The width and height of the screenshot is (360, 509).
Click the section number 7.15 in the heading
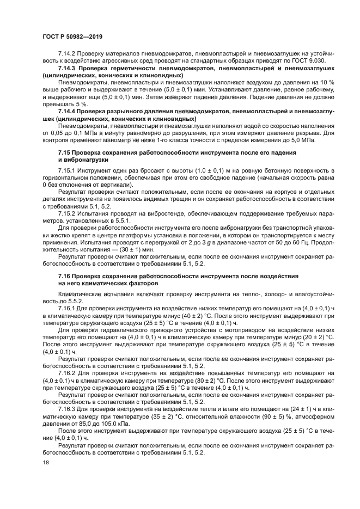(x=65, y=154)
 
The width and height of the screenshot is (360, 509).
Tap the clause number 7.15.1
(x=67, y=171)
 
